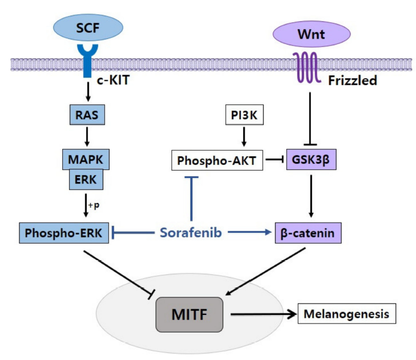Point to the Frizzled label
pyautogui.click(x=352, y=80)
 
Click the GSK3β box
pyautogui.click(x=310, y=161)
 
